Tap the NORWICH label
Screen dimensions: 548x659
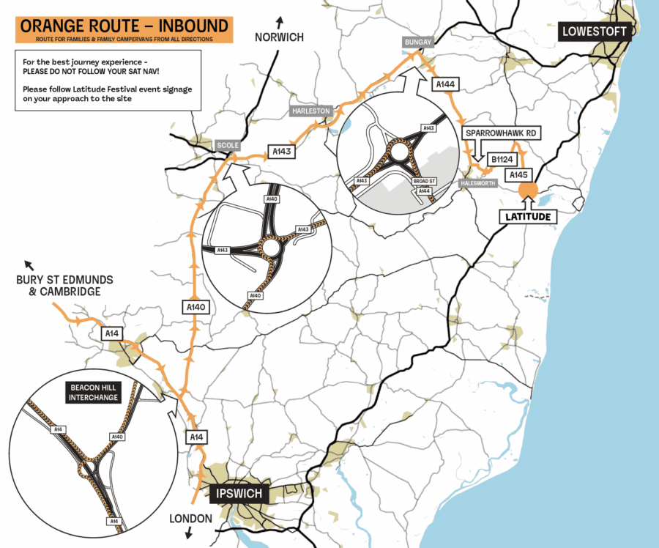tap(278, 37)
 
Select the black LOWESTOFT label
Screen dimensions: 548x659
tap(594, 31)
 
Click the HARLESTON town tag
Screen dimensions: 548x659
tap(310, 110)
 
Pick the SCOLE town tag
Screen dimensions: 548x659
tap(227, 145)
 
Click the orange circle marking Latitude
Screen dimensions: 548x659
tap(528, 189)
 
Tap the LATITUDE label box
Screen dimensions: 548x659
tap(528, 217)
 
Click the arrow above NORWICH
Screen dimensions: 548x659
tap(278, 21)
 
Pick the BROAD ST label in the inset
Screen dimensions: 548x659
tap(423, 181)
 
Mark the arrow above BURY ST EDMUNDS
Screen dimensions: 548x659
tap(29, 264)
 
